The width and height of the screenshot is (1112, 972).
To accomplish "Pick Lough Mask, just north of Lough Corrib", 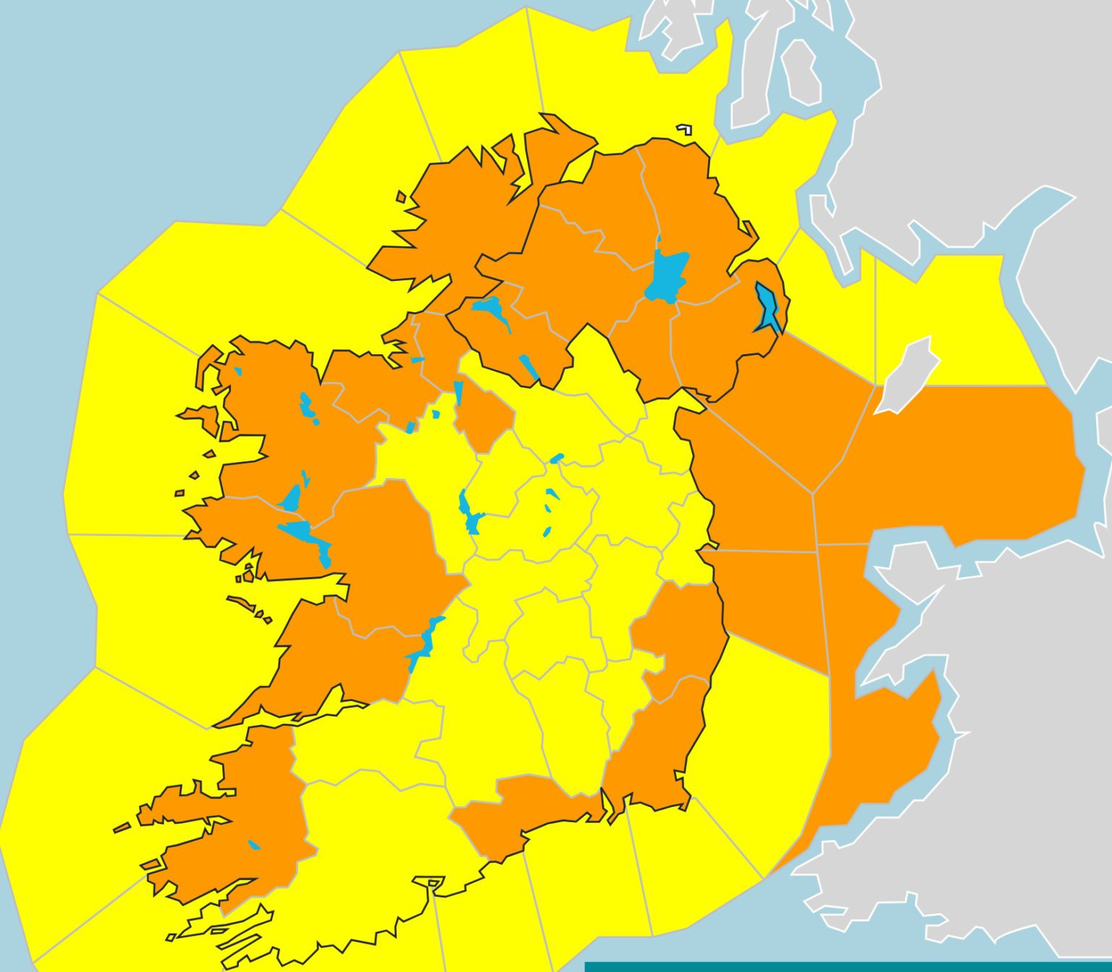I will pos(291,498).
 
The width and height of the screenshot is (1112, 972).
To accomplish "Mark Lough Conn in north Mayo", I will pos(307,406).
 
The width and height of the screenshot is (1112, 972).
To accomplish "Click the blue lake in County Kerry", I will pos(253,845).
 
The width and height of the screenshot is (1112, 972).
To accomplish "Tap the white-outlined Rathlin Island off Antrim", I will pos(684,130).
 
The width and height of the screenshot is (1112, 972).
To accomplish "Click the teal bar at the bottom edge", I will pos(847,966).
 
